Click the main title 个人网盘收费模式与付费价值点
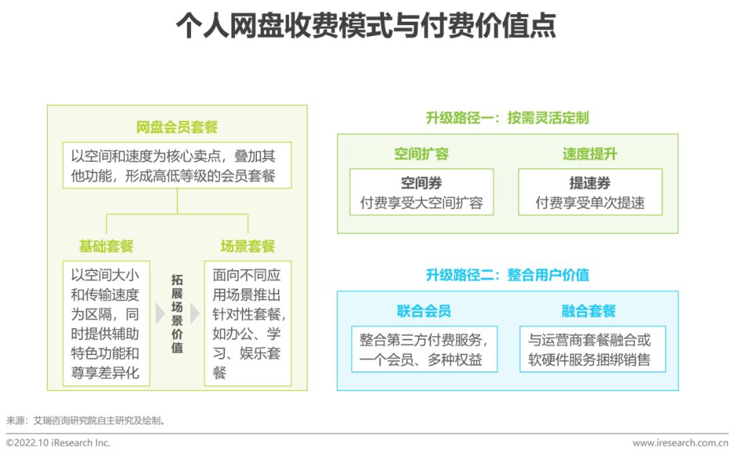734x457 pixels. (x=366, y=25)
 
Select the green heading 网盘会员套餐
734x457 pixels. (x=177, y=127)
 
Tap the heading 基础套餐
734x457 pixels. (x=106, y=246)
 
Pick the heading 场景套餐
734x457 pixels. (x=247, y=246)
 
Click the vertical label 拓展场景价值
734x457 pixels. (x=177, y=314)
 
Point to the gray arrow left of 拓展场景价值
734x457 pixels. (x=160, y=314)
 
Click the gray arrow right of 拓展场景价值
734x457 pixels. (x=195, y=314)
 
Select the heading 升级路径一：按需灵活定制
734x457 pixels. (x=508, y=118)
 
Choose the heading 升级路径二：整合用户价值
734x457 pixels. (x=508, y=274)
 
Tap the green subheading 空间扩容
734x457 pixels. (x=421, y=154)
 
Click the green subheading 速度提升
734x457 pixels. (x=590, y=154)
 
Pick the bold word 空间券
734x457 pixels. (x=421, y=183)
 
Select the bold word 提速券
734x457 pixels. (x=590, y=183)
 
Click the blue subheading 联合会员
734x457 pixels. (x=424, y=311)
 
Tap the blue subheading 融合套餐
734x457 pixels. (x=589, y=311)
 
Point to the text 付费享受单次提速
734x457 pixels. (x=590, y=202)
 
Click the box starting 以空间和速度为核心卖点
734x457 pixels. (x=177, y=165)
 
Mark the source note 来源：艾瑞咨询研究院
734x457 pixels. (x=86, y=420)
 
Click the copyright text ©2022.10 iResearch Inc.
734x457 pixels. (x=58, y=443)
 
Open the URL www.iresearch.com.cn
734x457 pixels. (x=680, y=443)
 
